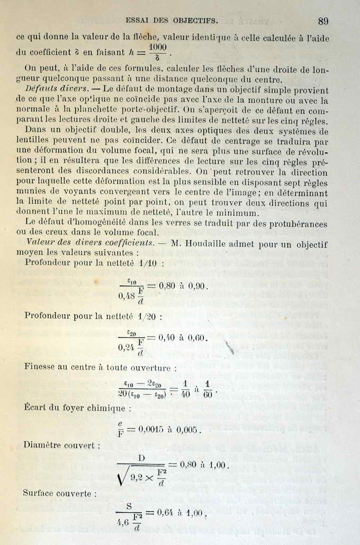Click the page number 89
[323, 21]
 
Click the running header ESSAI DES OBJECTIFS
[171, 21]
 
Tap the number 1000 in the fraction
[158, 47]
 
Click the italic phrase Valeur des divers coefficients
[90, 244]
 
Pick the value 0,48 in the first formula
[127, 296]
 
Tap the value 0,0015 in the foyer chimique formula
[154, 430]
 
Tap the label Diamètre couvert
[61, 445]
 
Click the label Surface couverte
[59, 494]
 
